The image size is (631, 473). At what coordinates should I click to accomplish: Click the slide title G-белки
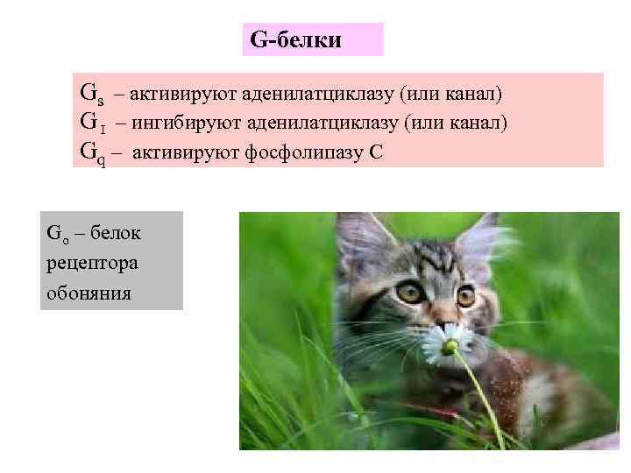(x=295, y=39)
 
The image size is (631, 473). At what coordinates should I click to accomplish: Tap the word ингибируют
(x=190, y=123)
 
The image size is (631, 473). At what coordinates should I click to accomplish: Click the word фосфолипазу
(x=312, y=152)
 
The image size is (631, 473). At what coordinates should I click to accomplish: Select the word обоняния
(x=89, y=292)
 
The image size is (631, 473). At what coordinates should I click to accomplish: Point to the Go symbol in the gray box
(x=56, y=235)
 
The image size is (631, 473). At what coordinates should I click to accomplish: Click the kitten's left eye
(x=408, y=292)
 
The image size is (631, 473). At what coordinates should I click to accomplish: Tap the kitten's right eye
(x=465, y=296)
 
